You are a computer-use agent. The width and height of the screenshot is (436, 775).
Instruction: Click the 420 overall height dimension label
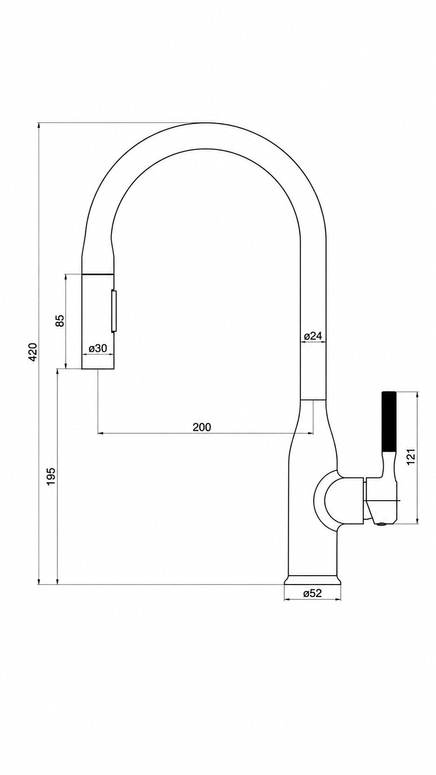click(32, 352)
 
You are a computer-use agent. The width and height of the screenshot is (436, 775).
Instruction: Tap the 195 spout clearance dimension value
click(51, 476)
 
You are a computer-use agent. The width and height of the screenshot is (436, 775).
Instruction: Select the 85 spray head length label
click(60, 321)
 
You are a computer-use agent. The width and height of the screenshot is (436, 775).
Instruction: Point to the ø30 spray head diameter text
click(97, 349)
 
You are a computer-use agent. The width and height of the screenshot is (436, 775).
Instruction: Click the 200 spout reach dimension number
click(202, 427)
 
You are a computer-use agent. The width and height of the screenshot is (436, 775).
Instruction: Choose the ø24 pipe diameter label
click(313, 336)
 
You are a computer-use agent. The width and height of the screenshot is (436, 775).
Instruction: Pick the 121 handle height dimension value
click(411, 457)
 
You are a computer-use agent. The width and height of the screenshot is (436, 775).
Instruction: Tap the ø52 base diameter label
click(312, 593)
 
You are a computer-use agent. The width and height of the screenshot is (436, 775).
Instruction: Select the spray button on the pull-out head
click(114, 311)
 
